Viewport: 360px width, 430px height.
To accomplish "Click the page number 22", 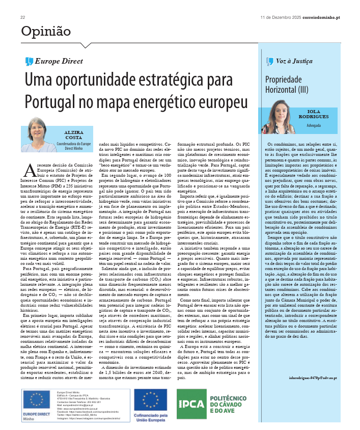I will pos(23,17).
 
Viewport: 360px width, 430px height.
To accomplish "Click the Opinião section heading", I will pos(46,32).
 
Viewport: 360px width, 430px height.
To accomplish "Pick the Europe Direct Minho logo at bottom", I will pos(36,404).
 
